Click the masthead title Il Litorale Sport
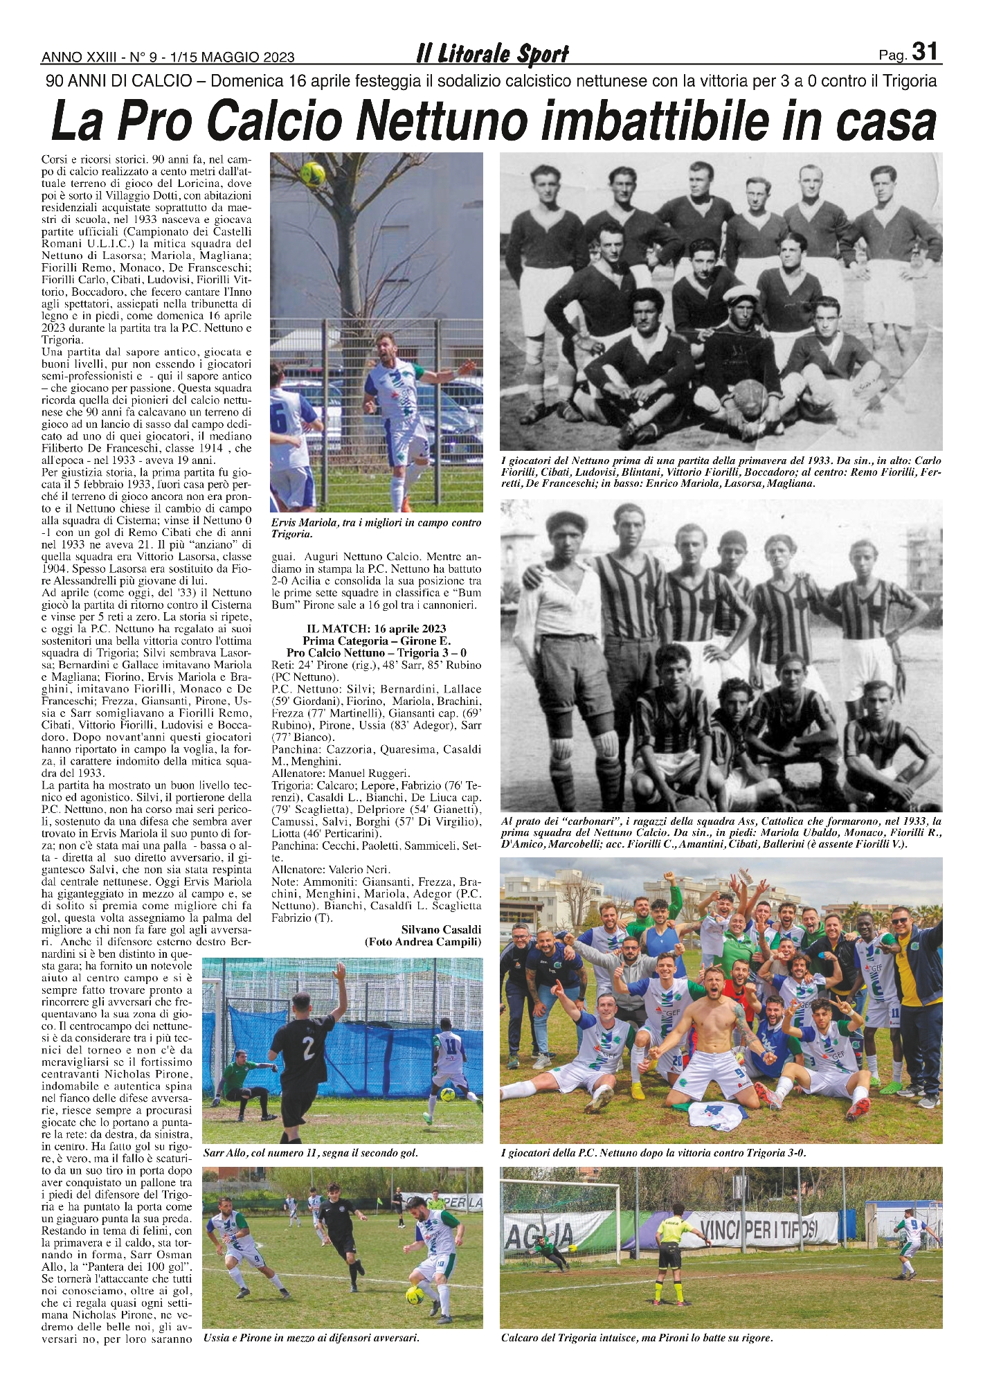492,54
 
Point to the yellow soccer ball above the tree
314,173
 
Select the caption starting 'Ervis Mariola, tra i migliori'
376,528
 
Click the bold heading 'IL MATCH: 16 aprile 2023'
376,629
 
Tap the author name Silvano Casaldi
441,929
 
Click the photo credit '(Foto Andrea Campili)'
423,942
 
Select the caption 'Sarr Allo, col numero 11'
311,1153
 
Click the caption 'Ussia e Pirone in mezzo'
312,1338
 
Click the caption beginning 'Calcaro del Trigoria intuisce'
636,1338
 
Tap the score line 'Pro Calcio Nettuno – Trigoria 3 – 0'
376,652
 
